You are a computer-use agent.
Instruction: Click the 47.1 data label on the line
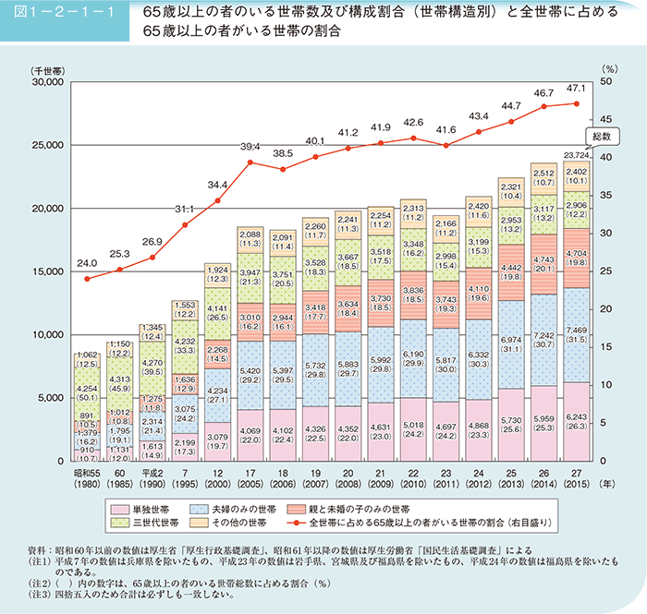pos(578,88)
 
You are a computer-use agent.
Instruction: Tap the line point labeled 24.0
pos(87,278)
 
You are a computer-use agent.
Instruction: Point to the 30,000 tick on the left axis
pos(46,82)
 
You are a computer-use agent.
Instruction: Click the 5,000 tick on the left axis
pos(50,398)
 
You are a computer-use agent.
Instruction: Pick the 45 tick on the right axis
pos(606,119)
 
